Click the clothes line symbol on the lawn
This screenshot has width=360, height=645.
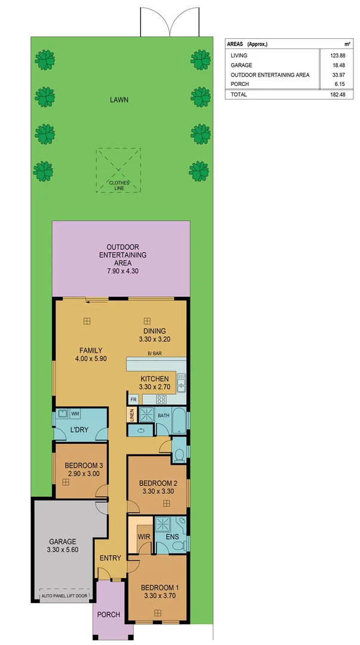[x=119, y=170]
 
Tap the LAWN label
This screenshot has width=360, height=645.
[x=119, y=100]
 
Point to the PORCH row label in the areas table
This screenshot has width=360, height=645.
[x=239, y=84]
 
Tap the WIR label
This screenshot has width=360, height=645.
[x=143, y=537]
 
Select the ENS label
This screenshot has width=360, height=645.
[x=171, y=537]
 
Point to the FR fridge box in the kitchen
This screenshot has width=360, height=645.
[x=134, y=399]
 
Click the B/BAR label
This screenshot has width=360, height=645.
[x=155, y=354]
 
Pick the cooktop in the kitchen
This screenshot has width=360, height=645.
[x=161, y=399]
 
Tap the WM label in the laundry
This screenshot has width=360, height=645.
[x=75, y=413]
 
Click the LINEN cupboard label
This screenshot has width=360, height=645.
[x=131, y=414]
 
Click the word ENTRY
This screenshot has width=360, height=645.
[x=110, y=558]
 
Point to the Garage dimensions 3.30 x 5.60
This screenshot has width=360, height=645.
[x=63, y=549]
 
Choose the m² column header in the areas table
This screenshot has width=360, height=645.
[x=347, y=44]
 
